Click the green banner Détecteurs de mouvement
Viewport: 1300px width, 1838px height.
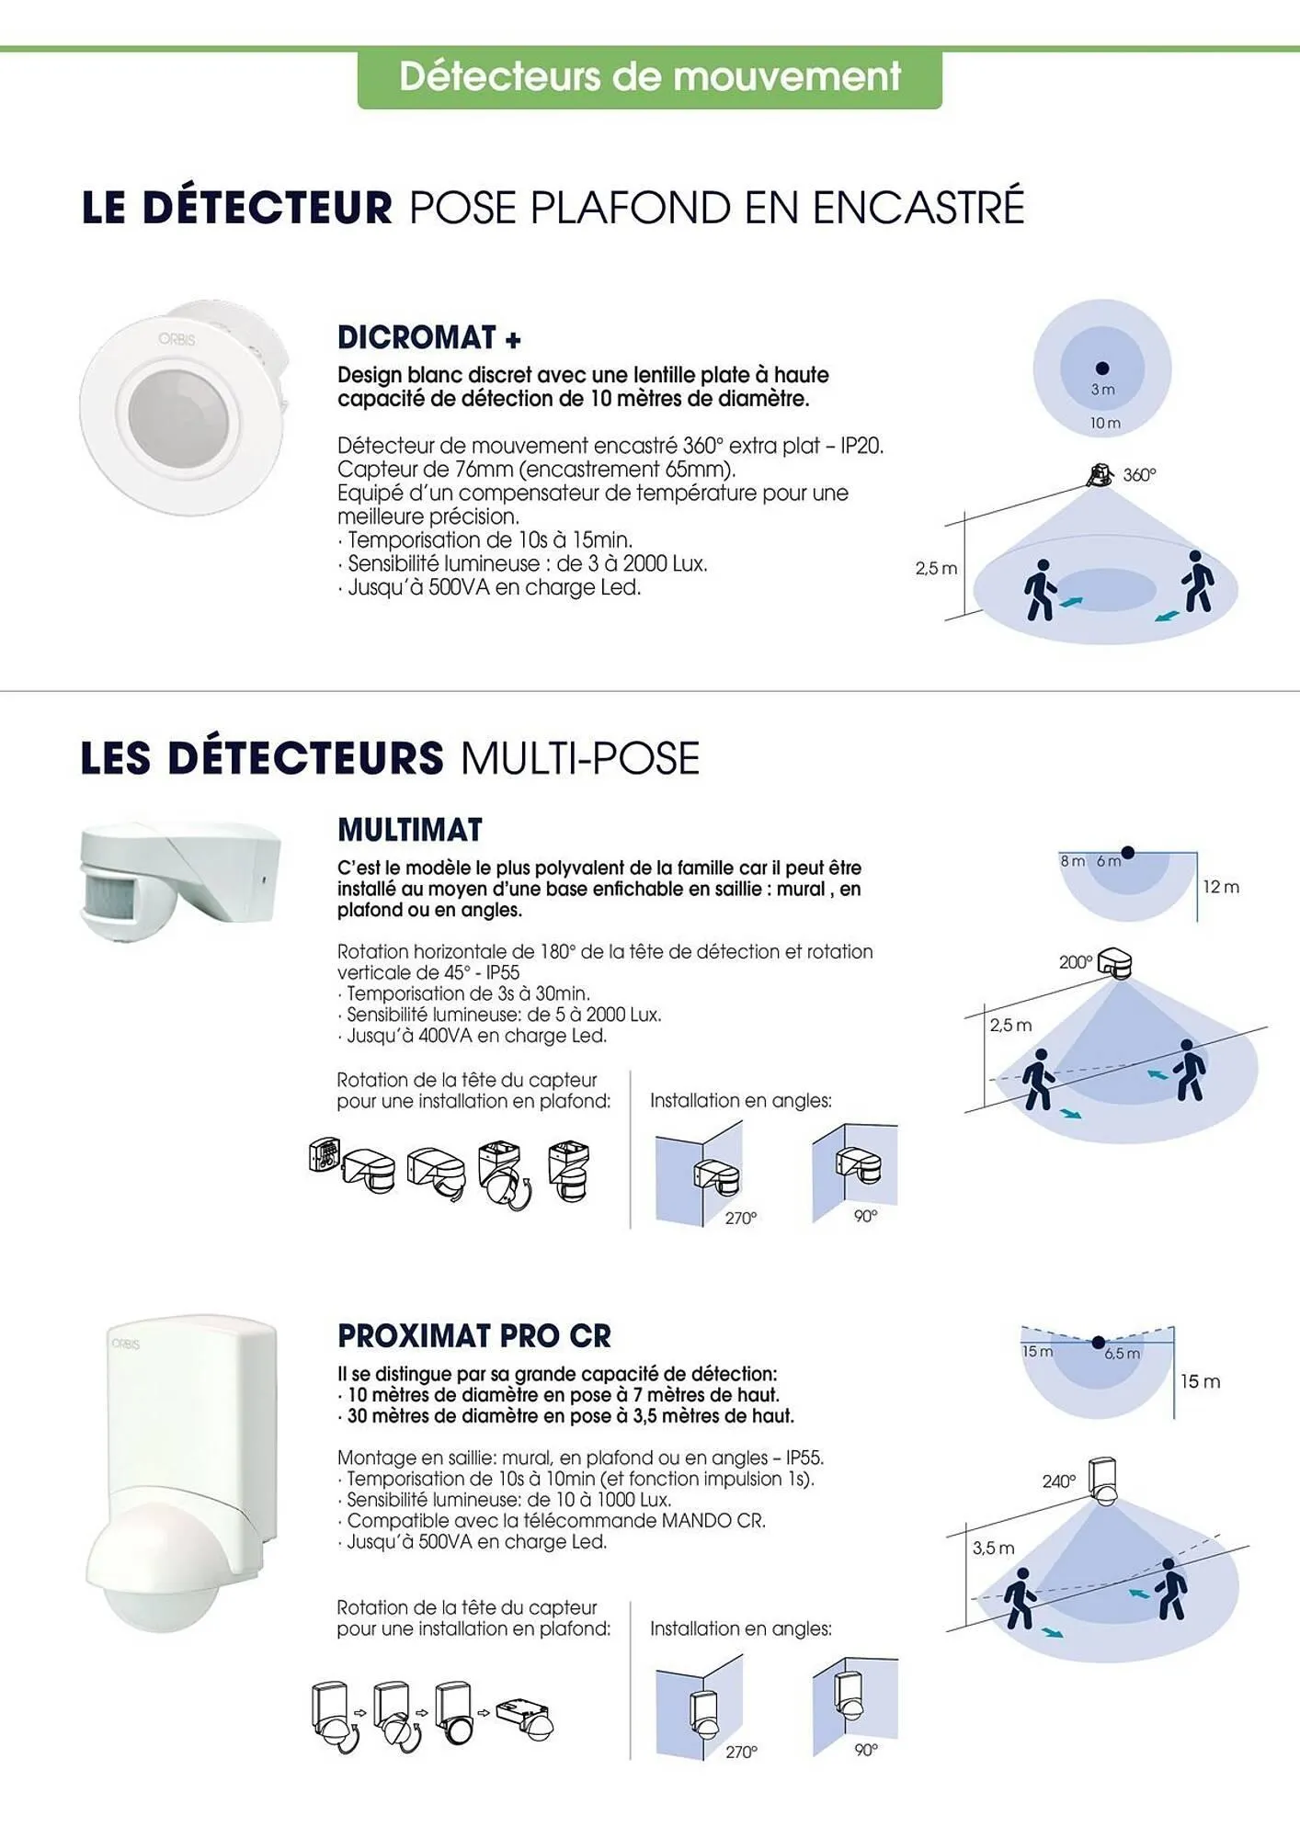(x=649, y=77)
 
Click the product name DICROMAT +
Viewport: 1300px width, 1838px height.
(x=428, y=338)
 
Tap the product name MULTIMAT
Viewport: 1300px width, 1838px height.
(x=409, y=830)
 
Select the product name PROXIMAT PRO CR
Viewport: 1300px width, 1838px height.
(x=473, y=1336)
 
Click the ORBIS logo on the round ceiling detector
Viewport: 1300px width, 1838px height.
(x=177, y=339)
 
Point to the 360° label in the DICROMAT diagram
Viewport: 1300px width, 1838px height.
(x=1139, y=475)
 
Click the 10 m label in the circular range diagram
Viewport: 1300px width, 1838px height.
(x=1105, y=424)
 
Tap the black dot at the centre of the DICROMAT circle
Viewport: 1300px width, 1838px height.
(x=1102, y=369)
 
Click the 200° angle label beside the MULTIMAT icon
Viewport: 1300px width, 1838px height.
(x=1075, y=962)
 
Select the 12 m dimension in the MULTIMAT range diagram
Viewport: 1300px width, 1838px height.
(x=1221, y=887)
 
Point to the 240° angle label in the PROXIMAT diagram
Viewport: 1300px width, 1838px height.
(x=1058, y=1481)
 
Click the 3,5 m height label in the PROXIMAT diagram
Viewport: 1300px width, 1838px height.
(x=993, y=1549)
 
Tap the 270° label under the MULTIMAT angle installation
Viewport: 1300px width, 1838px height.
(x=740, y=1219)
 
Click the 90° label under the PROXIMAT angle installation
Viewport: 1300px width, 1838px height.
(x=866, y=1750)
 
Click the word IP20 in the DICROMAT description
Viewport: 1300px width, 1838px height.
(x=861, y=446)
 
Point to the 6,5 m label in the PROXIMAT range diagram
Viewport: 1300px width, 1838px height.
(x=1122, y=1354)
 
